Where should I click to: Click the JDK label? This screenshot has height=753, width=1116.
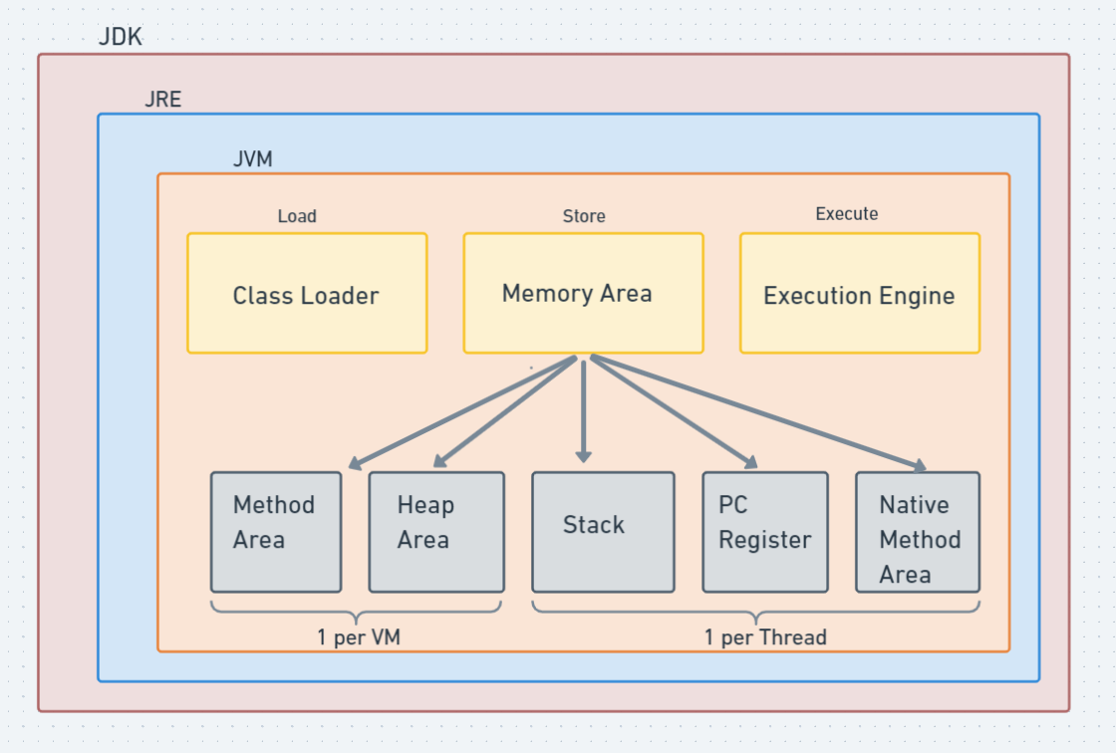(121, 38)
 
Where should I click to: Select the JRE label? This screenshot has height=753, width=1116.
(162, 100)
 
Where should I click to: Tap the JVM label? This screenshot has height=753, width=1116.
(252, 159)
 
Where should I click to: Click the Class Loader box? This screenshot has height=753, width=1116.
(307, 294)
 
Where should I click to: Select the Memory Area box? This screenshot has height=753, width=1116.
(583, 294)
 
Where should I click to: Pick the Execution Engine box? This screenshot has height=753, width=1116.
(859, 294)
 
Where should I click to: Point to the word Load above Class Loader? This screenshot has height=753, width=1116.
(297, 216)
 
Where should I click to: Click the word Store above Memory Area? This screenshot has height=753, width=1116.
(583, 216)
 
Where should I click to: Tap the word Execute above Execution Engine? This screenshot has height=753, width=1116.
(846, 214)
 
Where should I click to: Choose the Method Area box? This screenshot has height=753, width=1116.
(276, 532)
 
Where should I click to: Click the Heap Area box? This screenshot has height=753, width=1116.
(434, 532)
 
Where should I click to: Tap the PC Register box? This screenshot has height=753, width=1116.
(764, 532)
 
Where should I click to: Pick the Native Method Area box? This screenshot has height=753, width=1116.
(918, 532)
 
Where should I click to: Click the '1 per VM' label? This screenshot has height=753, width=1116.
(359, 637)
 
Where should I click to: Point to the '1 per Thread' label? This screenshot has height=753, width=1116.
(765, 637)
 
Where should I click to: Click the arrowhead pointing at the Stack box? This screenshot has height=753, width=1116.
(583, 455)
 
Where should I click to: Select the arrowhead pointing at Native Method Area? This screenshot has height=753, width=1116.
(918, 465)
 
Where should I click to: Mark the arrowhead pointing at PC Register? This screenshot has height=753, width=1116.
(750, 461)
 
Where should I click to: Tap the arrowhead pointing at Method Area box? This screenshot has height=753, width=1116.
(355, 463)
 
